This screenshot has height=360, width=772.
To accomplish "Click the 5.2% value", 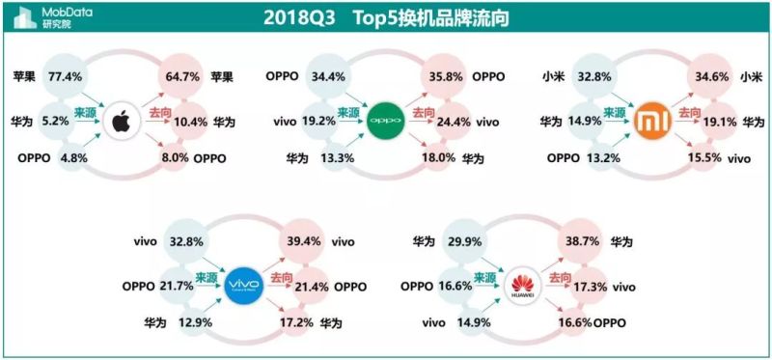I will (x=59, y=122).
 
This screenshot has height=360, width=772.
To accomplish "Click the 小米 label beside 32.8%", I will (x=553, y=74).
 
